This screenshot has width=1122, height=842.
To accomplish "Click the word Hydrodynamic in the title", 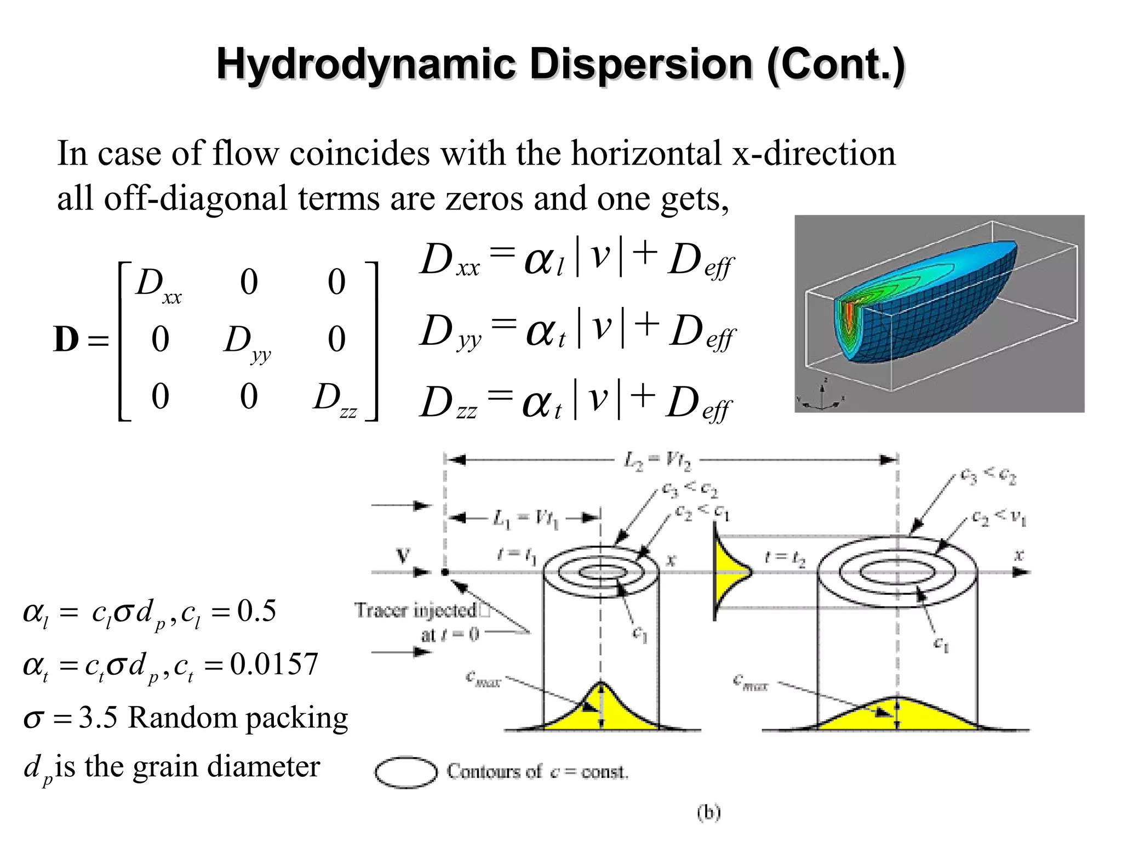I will click(x=365, y=65).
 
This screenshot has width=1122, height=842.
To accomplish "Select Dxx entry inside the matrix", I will click(x=156, y=286).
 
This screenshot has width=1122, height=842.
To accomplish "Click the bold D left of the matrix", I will click(x=66, y=339).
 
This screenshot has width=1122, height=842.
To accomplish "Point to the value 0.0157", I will click(x=274, y=664).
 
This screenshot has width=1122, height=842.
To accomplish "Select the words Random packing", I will click(x=238, y=718).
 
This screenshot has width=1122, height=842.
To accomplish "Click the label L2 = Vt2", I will click(x=657, y=460).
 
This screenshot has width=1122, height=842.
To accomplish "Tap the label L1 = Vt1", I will click(x=525, y=518).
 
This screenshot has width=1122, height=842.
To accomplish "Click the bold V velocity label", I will click(x=403, y=556).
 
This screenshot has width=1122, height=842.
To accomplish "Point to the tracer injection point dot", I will click(x=445, y=572).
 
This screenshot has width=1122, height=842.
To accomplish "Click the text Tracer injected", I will click(x=416, y=610).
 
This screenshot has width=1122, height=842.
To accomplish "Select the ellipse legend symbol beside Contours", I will click(x=406, y=772).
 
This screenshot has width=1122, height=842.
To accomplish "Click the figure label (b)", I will click(x=708, y=812).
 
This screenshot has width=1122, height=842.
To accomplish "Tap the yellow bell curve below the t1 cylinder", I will click(x=600, y=713).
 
